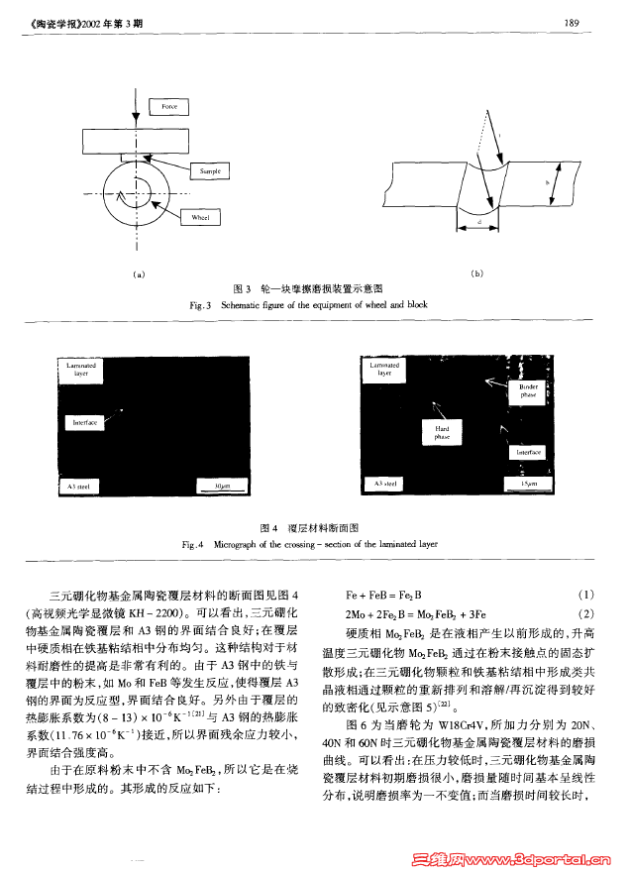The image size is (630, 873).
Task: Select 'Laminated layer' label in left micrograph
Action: (x=80, y=370)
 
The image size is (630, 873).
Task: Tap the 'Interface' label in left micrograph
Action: (x=85, y=422)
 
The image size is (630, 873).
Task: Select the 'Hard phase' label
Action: (x=442, y=431)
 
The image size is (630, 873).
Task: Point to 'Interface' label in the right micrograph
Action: (x=529, y=452)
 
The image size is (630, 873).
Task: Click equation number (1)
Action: (x=585, y=595)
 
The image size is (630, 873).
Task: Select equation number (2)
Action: (x=585, y=613)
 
